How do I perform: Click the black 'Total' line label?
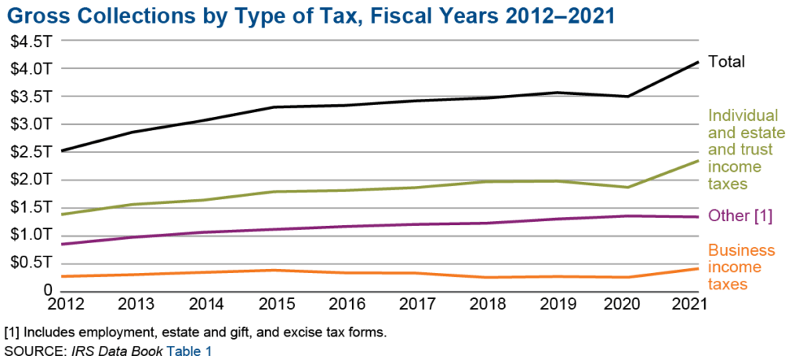(x=726, y=61)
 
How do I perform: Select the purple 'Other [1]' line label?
(x=740, y=216)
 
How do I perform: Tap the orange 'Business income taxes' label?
(x=741, y=267)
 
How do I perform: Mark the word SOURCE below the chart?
(x=31, y=351)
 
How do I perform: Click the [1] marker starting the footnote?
(x=11, y=333)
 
